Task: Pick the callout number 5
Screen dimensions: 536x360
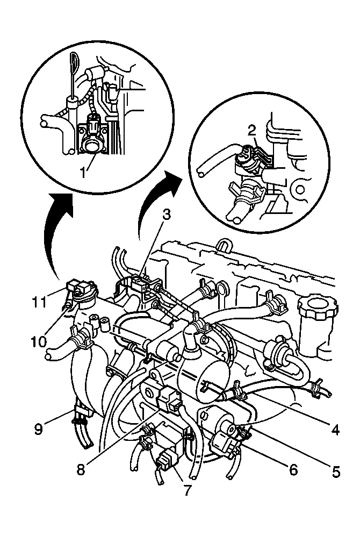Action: click(336, 472)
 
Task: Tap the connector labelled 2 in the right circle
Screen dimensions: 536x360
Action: click(246, 153)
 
